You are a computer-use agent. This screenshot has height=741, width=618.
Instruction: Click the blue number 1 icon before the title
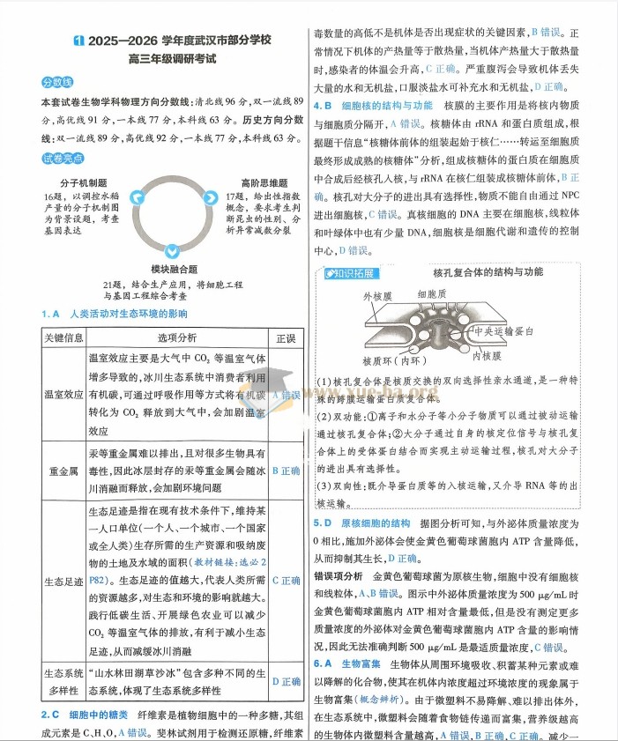(79, 41)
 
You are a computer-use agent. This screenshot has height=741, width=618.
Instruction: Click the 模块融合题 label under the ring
(174, 268)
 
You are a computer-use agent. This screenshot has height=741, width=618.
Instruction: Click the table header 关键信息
(63, 338)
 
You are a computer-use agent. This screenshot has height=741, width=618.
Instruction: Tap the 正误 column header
(286, 338)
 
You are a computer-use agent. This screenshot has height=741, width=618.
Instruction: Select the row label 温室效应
(63, 395)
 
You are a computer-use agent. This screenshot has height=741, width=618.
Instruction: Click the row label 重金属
(63, 471)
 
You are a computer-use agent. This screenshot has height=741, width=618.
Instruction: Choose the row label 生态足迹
(63, 581)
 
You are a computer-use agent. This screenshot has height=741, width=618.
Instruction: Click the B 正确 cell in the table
(286, 471)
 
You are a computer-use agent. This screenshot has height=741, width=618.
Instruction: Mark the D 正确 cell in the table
(286, 681)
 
